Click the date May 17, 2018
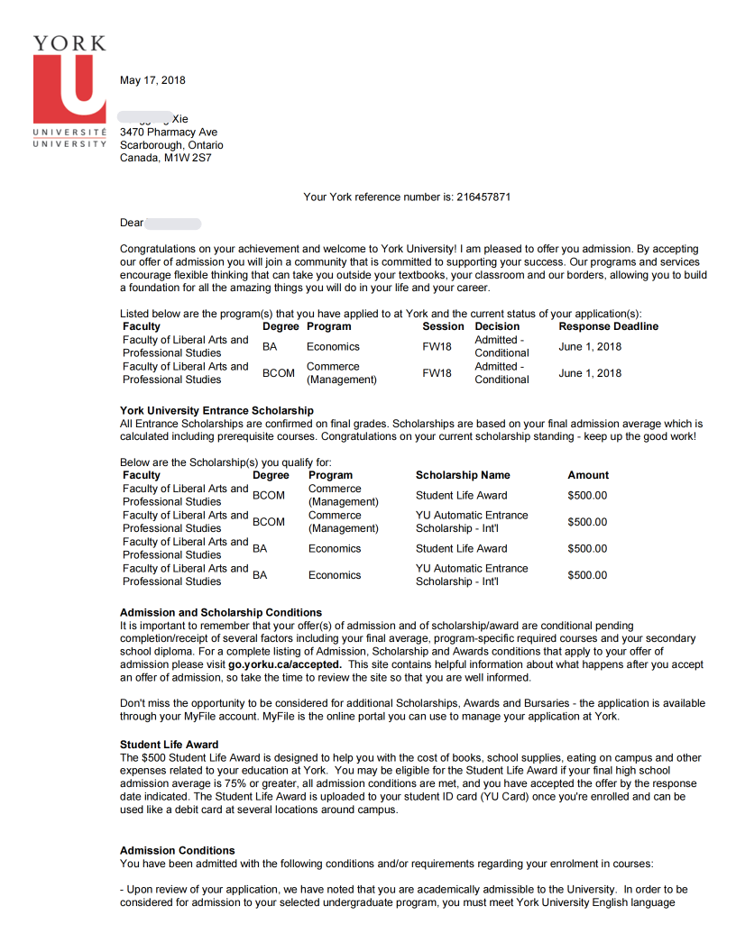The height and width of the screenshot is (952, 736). click(x=152, y=80)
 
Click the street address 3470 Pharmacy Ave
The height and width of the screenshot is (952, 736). click(x=169, y=132)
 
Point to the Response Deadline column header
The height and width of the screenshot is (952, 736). click(x=608, y=326)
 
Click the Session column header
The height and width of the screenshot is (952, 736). click(x=443, y=326)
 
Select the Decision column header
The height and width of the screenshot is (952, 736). click(x=497, y=326)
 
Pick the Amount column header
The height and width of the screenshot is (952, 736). click(x=588, y=475)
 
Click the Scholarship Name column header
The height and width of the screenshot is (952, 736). click(x=463, y=475)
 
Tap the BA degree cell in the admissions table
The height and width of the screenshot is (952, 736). click(x=270, y=346)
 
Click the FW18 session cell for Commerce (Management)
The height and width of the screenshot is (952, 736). click(x=437, y=373)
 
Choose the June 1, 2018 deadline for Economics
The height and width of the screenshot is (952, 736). click(x=590, y=346)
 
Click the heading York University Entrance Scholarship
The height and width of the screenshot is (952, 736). click(x=216, y=411)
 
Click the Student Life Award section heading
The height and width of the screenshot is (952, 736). click(x=169, y=745)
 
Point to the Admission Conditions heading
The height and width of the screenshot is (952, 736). click(x=177, y=850)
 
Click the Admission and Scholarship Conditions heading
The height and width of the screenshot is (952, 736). click(x=220, y=612)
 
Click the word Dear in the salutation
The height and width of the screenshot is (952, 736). click(x=132, y=223)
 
